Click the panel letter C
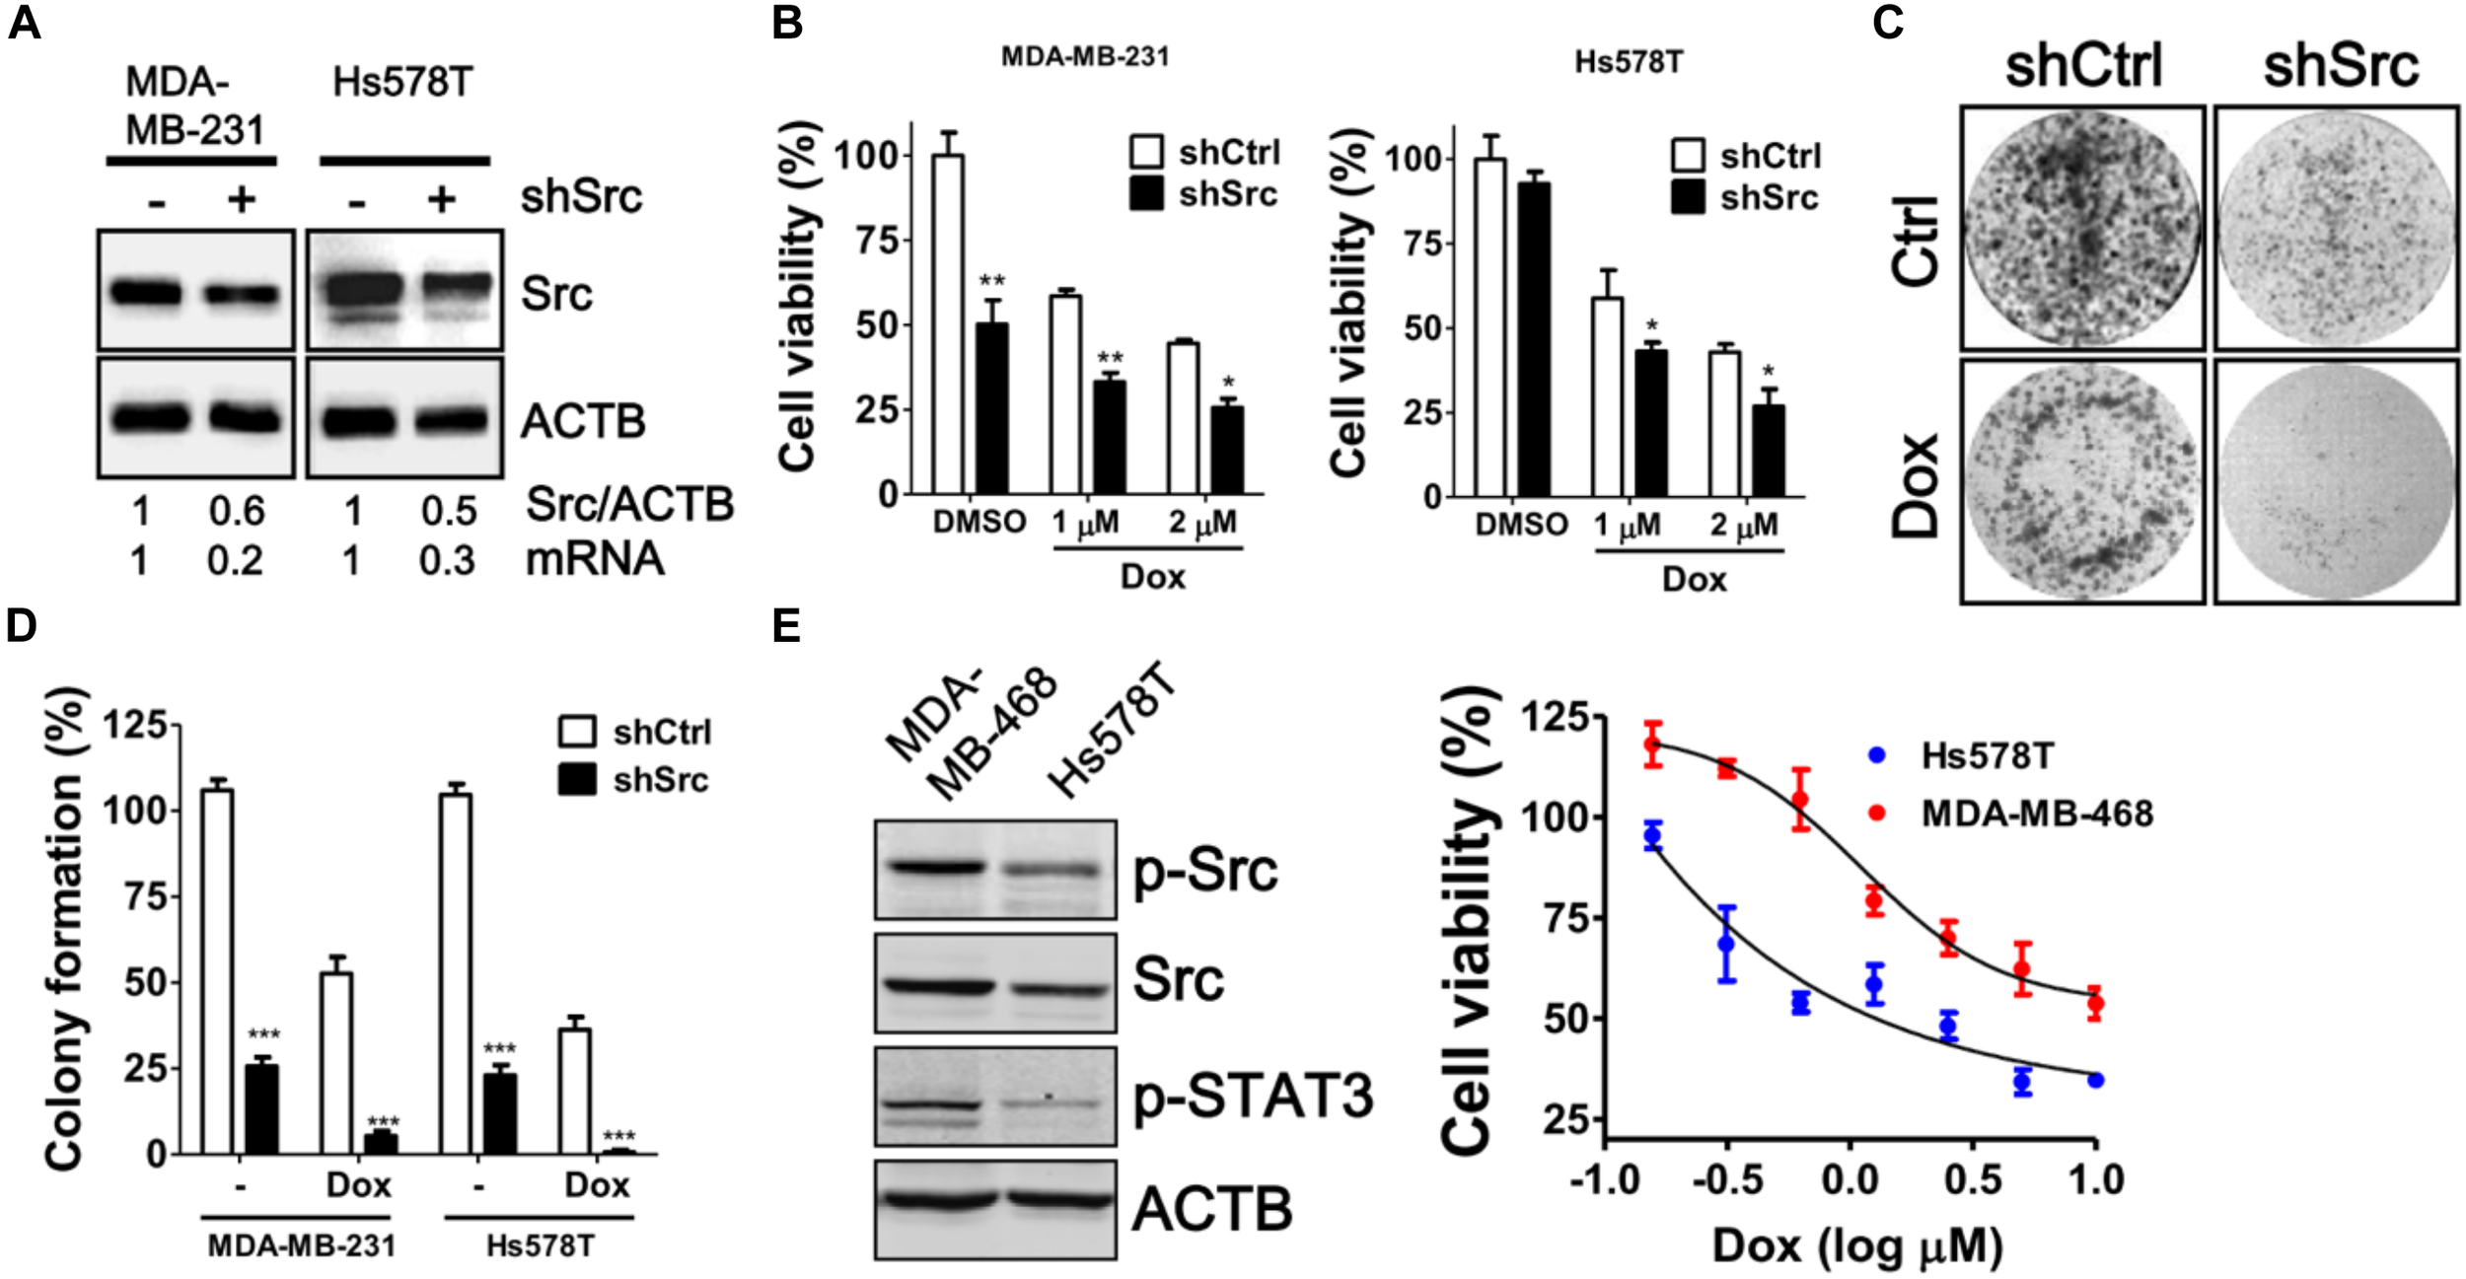(1887, 22)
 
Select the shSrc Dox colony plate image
(2335, 481)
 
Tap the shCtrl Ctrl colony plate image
(2081, 228)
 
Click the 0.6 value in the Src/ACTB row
(237, 511)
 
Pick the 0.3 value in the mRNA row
(447, 560)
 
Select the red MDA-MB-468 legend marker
(1877, 813)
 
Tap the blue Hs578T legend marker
(1877, 755)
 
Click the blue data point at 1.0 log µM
(2095, 1080)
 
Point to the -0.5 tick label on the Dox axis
(1727, 1180)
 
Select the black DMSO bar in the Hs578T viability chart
(1534, 339)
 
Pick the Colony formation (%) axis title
(64, 928)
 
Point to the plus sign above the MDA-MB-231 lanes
(241, 200)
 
